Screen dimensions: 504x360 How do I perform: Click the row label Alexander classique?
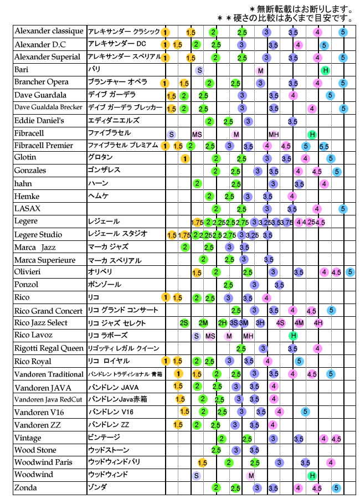coord(49,31)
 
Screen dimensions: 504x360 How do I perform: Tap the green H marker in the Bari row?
coord(326,70)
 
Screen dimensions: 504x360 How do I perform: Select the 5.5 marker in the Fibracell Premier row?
coord(323,146)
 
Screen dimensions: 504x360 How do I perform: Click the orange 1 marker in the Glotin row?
coord(184,158)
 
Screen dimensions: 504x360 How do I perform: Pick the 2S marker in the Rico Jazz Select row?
coord(184,323)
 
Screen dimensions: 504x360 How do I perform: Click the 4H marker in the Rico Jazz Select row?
coord(318,323)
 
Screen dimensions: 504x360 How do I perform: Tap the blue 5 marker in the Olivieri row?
coord(350,272)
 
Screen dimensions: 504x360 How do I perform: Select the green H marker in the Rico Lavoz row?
coord(293,336)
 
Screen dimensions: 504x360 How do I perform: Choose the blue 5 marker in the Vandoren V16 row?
coord(305,412)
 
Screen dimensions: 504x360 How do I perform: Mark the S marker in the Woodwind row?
coord(196,475)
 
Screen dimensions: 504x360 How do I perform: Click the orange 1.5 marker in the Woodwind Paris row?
coord(202,462)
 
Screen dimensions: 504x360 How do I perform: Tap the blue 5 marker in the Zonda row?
coord(336,488)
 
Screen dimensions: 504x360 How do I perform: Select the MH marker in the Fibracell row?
coord(274,134)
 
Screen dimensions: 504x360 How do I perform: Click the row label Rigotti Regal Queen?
coord(48,348)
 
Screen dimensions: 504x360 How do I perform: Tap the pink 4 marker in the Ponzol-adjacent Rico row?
coord(266,297)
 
